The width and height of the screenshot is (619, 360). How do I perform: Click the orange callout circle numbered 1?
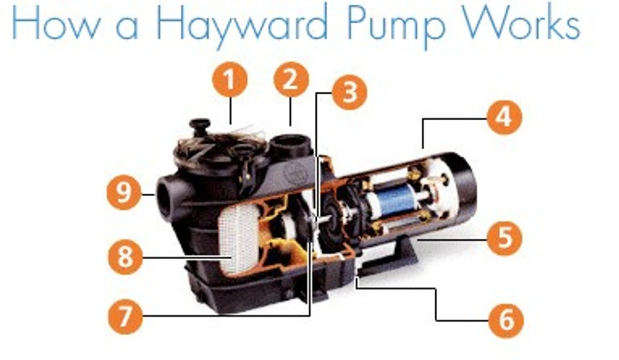tap(229, 80)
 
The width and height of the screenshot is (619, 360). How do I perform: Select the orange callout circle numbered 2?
tap(291, 80)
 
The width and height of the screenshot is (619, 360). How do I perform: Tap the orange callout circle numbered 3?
tap(350, 92)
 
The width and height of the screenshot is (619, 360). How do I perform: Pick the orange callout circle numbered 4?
tap(504, 117)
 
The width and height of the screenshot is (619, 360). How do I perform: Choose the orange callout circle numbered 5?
tap(504, 238)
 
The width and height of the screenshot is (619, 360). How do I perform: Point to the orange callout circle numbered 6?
tap(506, 321)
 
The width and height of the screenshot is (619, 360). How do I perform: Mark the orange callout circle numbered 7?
tap(125, 317)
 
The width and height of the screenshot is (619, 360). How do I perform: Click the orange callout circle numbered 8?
tap(125, 257)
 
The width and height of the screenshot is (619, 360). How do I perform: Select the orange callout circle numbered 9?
tap(124, 192)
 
